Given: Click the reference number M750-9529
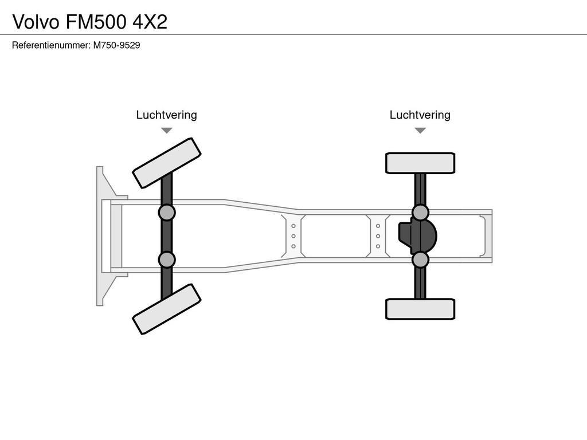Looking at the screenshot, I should (117, 45).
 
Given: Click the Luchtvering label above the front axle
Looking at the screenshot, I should (166, 115).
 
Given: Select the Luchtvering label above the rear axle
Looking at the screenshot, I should (420, 115).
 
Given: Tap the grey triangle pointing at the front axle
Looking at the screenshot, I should (166, 131).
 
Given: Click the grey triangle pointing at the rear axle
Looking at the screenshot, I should (420, 131).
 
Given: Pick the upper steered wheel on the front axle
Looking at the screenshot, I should (166, 163).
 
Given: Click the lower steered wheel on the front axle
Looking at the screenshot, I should (166, 309).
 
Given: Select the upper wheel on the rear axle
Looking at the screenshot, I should (420, 163).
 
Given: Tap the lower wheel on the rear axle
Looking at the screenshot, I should (420, 309).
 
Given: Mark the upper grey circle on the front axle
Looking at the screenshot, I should (167, 213).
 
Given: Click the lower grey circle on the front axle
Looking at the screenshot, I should (167, 260).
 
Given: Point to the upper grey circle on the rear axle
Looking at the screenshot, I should (420, 213).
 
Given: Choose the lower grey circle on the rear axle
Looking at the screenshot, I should (420, 260).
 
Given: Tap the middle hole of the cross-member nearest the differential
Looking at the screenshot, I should (378, 236).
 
